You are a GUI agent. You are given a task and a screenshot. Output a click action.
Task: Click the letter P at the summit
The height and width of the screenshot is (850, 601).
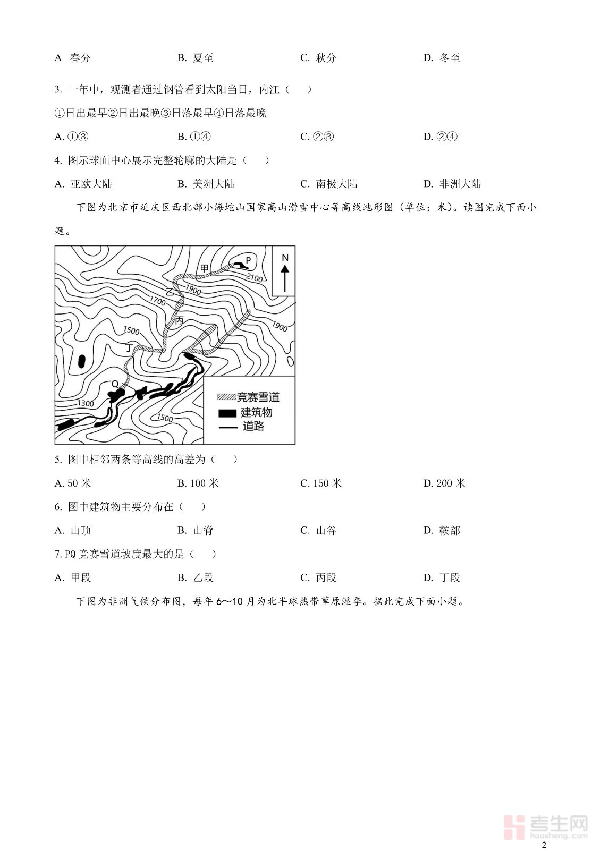tap(248, 260)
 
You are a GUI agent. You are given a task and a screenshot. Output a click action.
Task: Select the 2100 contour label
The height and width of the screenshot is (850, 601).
tap(254, 278)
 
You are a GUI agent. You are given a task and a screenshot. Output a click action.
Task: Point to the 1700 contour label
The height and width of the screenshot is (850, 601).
tap(157, 301)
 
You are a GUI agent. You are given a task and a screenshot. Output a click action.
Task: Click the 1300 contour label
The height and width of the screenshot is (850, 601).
tap(86, 403)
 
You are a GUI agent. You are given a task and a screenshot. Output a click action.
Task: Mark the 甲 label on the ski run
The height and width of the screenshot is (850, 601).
tap(204, 268)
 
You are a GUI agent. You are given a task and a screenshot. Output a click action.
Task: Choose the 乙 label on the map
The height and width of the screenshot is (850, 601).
tap(170, 292)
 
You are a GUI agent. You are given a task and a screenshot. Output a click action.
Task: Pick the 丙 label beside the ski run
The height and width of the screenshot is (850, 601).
tap(180, 320)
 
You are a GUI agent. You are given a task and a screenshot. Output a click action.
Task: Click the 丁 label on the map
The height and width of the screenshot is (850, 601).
tap(129, 348)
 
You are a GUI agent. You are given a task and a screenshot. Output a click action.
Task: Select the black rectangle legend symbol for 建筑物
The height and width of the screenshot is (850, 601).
tap(227, 413)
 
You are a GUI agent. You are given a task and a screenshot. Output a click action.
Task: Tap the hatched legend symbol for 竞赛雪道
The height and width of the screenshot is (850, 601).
tap(227, 397)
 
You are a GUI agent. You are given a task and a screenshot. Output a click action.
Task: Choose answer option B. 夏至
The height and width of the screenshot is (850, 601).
tap(196, 58)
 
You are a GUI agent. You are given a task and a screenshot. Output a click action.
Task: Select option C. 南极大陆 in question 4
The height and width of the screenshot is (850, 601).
tap(329, 184)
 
